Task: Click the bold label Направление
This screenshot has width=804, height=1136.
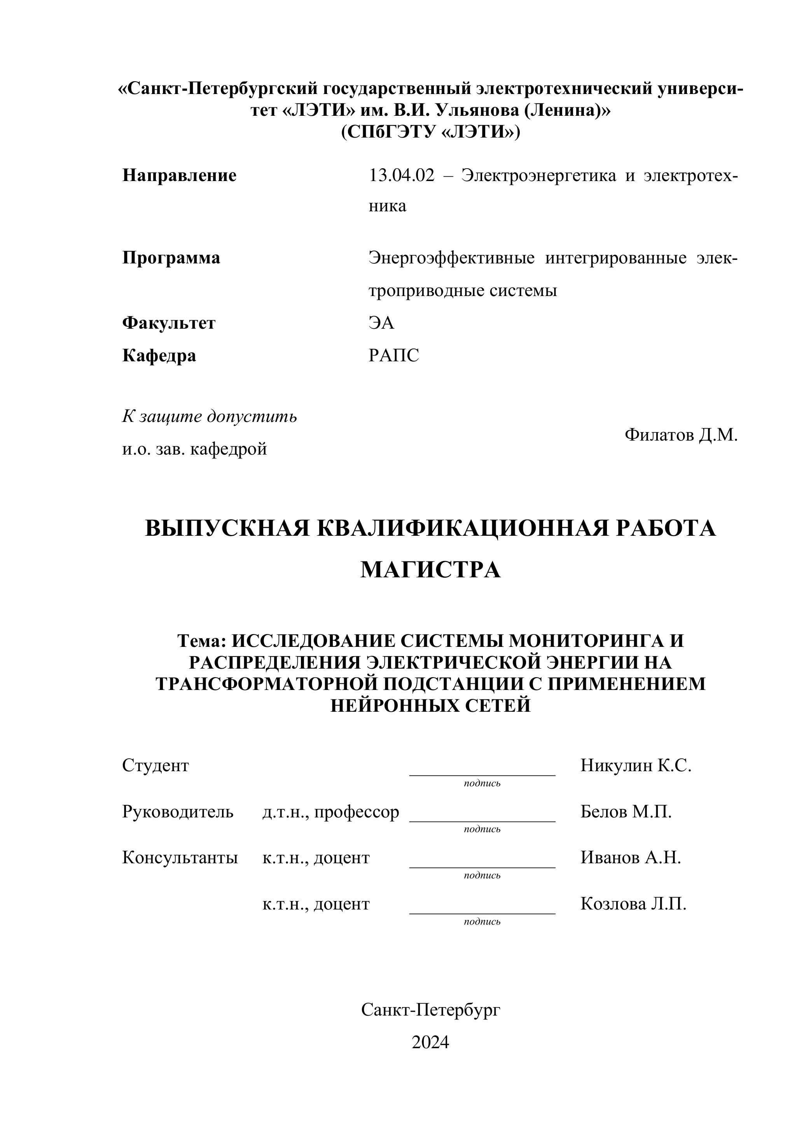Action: [x=179, y=176]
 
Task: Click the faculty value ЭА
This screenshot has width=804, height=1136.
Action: [x=381, y=323]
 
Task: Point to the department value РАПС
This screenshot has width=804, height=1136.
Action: [x=393, y=355]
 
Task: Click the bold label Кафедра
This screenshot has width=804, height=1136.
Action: [x=159, y=355]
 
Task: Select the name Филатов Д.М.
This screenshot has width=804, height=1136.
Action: [x=681, y=435]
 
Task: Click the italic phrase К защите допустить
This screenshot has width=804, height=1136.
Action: [x=210, y=416]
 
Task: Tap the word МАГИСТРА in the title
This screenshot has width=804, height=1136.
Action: [x=430, y=570]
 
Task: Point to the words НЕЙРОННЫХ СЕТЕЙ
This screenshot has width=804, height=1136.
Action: [x=430, y=705]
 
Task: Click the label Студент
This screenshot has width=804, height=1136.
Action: [x=156, y=765]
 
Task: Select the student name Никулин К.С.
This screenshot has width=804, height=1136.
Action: [x=636, y=765]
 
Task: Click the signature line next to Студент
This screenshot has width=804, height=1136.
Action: [x=482, y=774]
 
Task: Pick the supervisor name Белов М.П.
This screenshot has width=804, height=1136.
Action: [x=626, y=812]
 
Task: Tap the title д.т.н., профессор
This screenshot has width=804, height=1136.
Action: [x=331, y=812]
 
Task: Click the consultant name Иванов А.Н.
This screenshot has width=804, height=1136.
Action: [x=631, y=857]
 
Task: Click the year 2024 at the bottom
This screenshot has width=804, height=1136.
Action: [x=430, y=1042]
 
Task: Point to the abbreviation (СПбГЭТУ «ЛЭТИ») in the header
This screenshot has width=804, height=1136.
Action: [x=430, y=132]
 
